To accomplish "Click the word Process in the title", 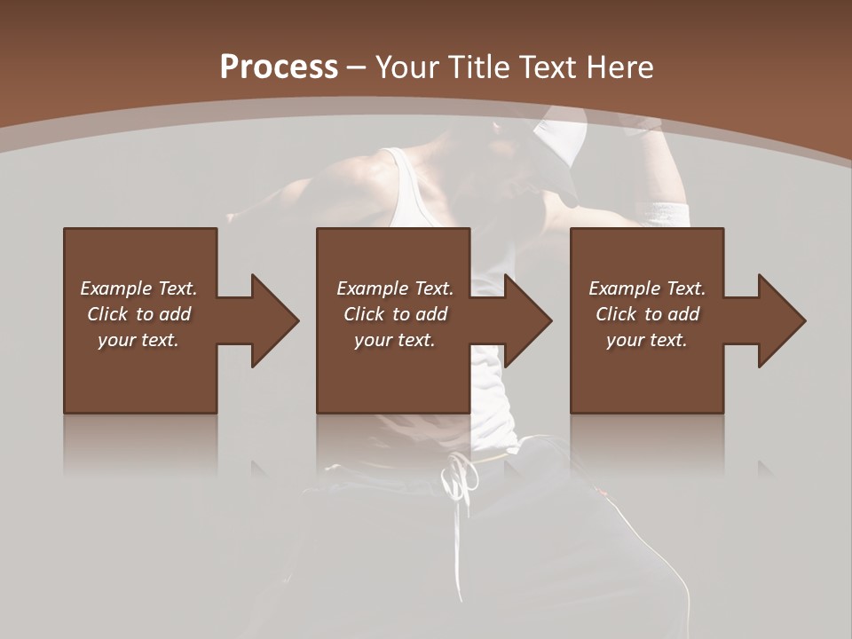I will (279, 67).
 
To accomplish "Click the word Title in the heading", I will (479, 67).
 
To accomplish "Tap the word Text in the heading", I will (546, 67).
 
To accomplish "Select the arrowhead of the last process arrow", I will (781, 320).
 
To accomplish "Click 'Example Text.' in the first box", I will (138, 288).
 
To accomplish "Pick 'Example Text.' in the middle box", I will (395, 288).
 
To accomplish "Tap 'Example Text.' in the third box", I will (647, 288).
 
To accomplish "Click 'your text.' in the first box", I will (138, 340).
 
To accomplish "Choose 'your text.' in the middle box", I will (395, 340).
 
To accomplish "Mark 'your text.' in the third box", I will (647, 340).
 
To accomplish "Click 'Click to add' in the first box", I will (138, 314).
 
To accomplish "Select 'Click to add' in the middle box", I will (395, 314).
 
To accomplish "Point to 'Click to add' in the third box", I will (647, 314).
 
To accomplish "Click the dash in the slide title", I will (356, 67).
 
